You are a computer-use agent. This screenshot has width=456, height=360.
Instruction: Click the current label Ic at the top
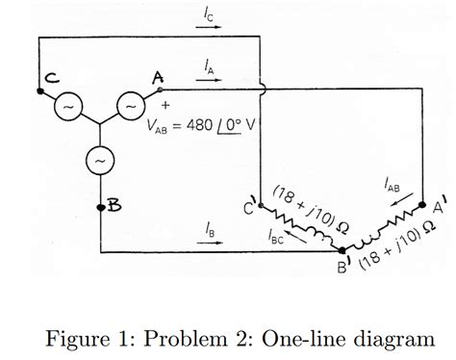coord(209,13)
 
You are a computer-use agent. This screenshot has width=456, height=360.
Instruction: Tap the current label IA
coord(210,65)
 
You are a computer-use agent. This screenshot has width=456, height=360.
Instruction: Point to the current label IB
coord(210,229)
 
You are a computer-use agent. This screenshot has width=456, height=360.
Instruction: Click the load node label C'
coord(250,206)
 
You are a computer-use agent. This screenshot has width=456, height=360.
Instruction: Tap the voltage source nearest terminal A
coord(130,105)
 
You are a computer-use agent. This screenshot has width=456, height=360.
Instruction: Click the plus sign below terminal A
coord(165,103)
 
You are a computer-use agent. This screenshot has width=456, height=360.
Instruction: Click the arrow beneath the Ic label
coord(209,26)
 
